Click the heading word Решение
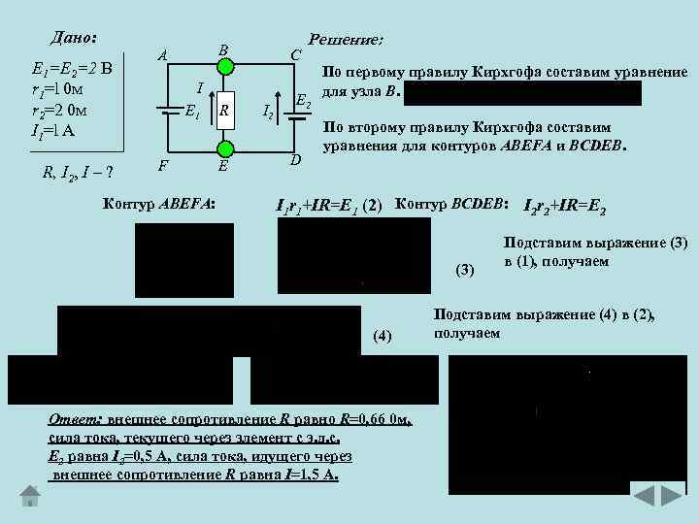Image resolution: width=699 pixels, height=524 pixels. (345, 41)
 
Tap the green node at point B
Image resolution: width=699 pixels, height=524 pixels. (225, 67)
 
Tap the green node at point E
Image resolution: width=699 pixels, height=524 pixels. (225, 147)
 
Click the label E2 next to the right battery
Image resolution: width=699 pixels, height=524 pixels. (303, 100)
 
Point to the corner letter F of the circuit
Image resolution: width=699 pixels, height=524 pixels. (163, 165)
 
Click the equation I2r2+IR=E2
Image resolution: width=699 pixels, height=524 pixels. (565, 206)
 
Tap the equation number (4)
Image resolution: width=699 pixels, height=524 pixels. (383, 337)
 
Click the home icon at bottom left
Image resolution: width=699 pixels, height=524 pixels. (30, 496)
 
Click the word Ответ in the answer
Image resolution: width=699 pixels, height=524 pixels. (75, 420)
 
